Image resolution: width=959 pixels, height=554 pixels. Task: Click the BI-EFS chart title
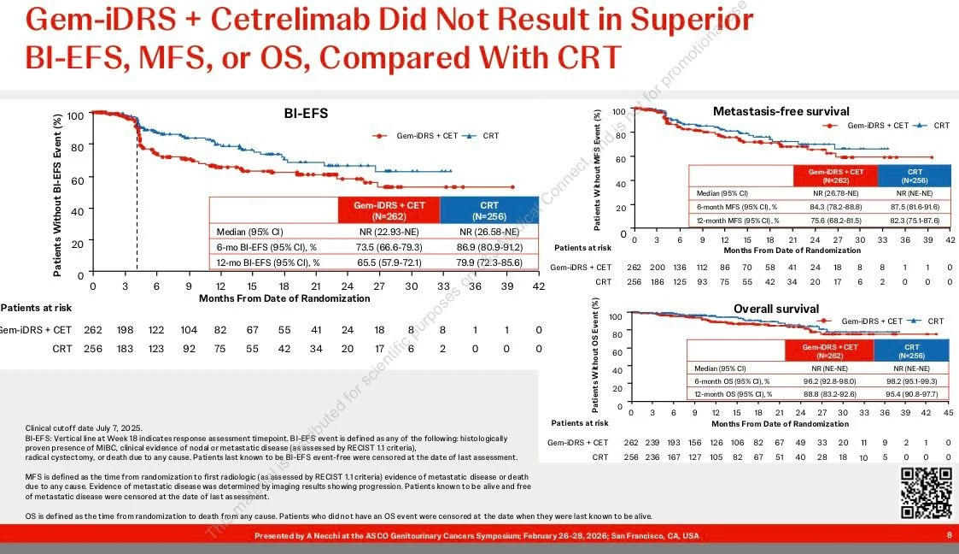click(306, 113)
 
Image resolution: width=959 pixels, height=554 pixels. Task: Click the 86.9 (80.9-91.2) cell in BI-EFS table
click(489, 247)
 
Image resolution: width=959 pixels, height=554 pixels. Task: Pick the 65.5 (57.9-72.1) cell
click(389, 262)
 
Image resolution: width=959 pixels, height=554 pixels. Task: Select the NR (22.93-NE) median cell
click(389, 232)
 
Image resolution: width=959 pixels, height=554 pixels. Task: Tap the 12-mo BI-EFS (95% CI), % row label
click(268, 262)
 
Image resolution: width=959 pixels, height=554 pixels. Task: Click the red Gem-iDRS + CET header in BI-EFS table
click(389, 209)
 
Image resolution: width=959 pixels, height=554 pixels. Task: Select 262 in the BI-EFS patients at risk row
click(92, 329)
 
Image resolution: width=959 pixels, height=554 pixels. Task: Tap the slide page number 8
click(949, 535)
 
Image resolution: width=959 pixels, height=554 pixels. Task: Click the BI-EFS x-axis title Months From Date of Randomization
click(284, 298)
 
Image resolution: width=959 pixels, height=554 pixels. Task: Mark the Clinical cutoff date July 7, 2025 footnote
click(84, 427)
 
